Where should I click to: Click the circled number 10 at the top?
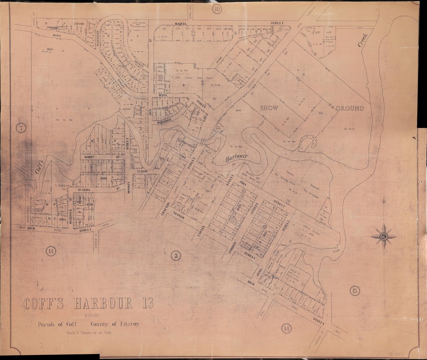click(218, 9)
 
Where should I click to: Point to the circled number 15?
click(354, 291)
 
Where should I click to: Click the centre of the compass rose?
click(383, 236)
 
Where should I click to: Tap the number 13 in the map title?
click(143, 304)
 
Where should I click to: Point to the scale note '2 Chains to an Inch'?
click(89, 333)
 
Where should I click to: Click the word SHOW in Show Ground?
click(269, 108)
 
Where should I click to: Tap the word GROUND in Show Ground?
click(350, 108)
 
